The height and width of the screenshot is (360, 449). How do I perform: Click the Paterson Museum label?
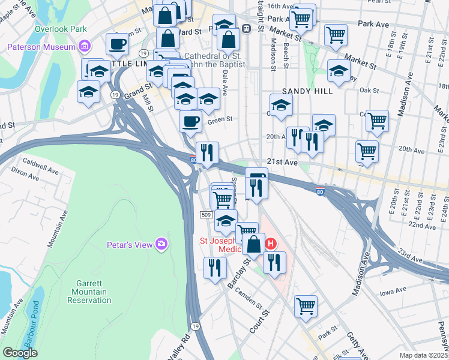[41, 47]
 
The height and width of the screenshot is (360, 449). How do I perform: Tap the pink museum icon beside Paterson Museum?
[85, 46]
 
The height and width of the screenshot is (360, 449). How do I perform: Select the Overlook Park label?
[61, 29]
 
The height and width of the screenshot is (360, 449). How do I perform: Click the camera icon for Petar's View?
[161, 244]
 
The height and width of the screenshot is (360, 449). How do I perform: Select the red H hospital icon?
[271, 244]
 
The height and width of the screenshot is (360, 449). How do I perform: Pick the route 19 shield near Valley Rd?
[195, 326]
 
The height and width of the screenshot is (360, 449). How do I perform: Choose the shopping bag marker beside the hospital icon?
[253, 244]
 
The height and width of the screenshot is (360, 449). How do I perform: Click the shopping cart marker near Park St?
[306, 306]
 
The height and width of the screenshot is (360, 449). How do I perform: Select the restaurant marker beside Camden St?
[214, 268]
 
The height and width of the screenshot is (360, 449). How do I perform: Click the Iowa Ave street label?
[393, 292]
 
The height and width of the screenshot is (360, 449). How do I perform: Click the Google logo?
[20, 353]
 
